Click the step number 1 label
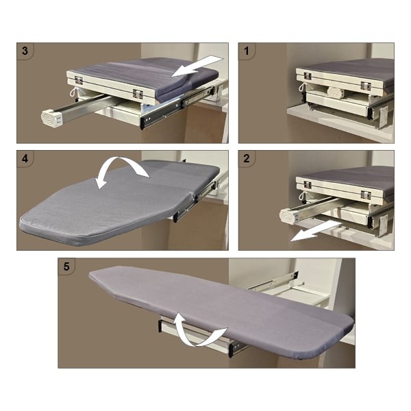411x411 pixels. click(x=246, y=51)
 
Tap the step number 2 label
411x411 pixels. click(x=247, y=158)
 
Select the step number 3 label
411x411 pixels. click(x=25, y=51)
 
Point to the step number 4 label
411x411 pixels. click(x=25, y=158)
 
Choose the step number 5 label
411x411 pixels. click(x=66, y=266)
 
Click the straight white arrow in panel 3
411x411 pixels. click(x=197, y=66)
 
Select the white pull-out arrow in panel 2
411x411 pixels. click(x=316, y=231)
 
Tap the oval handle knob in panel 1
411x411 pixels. click(x=335, y=92)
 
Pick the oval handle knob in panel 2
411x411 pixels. click(x=288, y=215)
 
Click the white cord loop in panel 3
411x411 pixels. click(x=73, y=92)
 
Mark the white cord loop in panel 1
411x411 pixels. click(x=303, y=87)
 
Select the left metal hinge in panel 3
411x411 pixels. click(x=79, y=80)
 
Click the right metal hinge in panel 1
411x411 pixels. click(x=366, y=86)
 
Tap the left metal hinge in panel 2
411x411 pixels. click(x=307, y=185)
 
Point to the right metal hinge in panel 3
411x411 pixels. click(x=138, y=94)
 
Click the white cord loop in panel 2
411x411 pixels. click(x=303, y=195)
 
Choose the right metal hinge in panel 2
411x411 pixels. click(x=366, y=195)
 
